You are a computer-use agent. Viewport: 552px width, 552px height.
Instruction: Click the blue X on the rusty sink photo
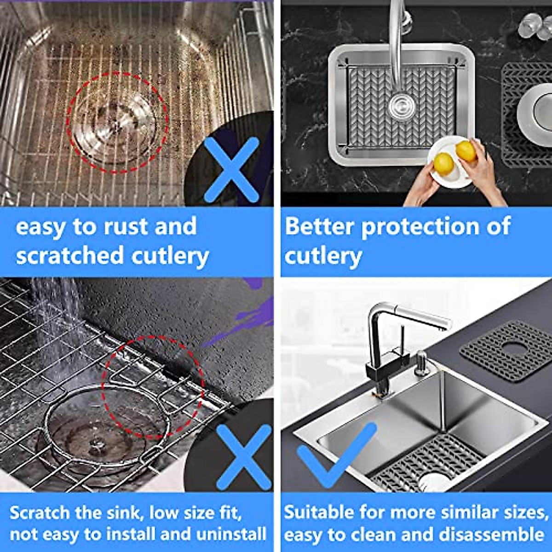231,170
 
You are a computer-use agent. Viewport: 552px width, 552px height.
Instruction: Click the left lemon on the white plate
443,162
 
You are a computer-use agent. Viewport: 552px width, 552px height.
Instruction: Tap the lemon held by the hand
466,151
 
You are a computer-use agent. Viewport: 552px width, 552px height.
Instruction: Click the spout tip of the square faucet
443,326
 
